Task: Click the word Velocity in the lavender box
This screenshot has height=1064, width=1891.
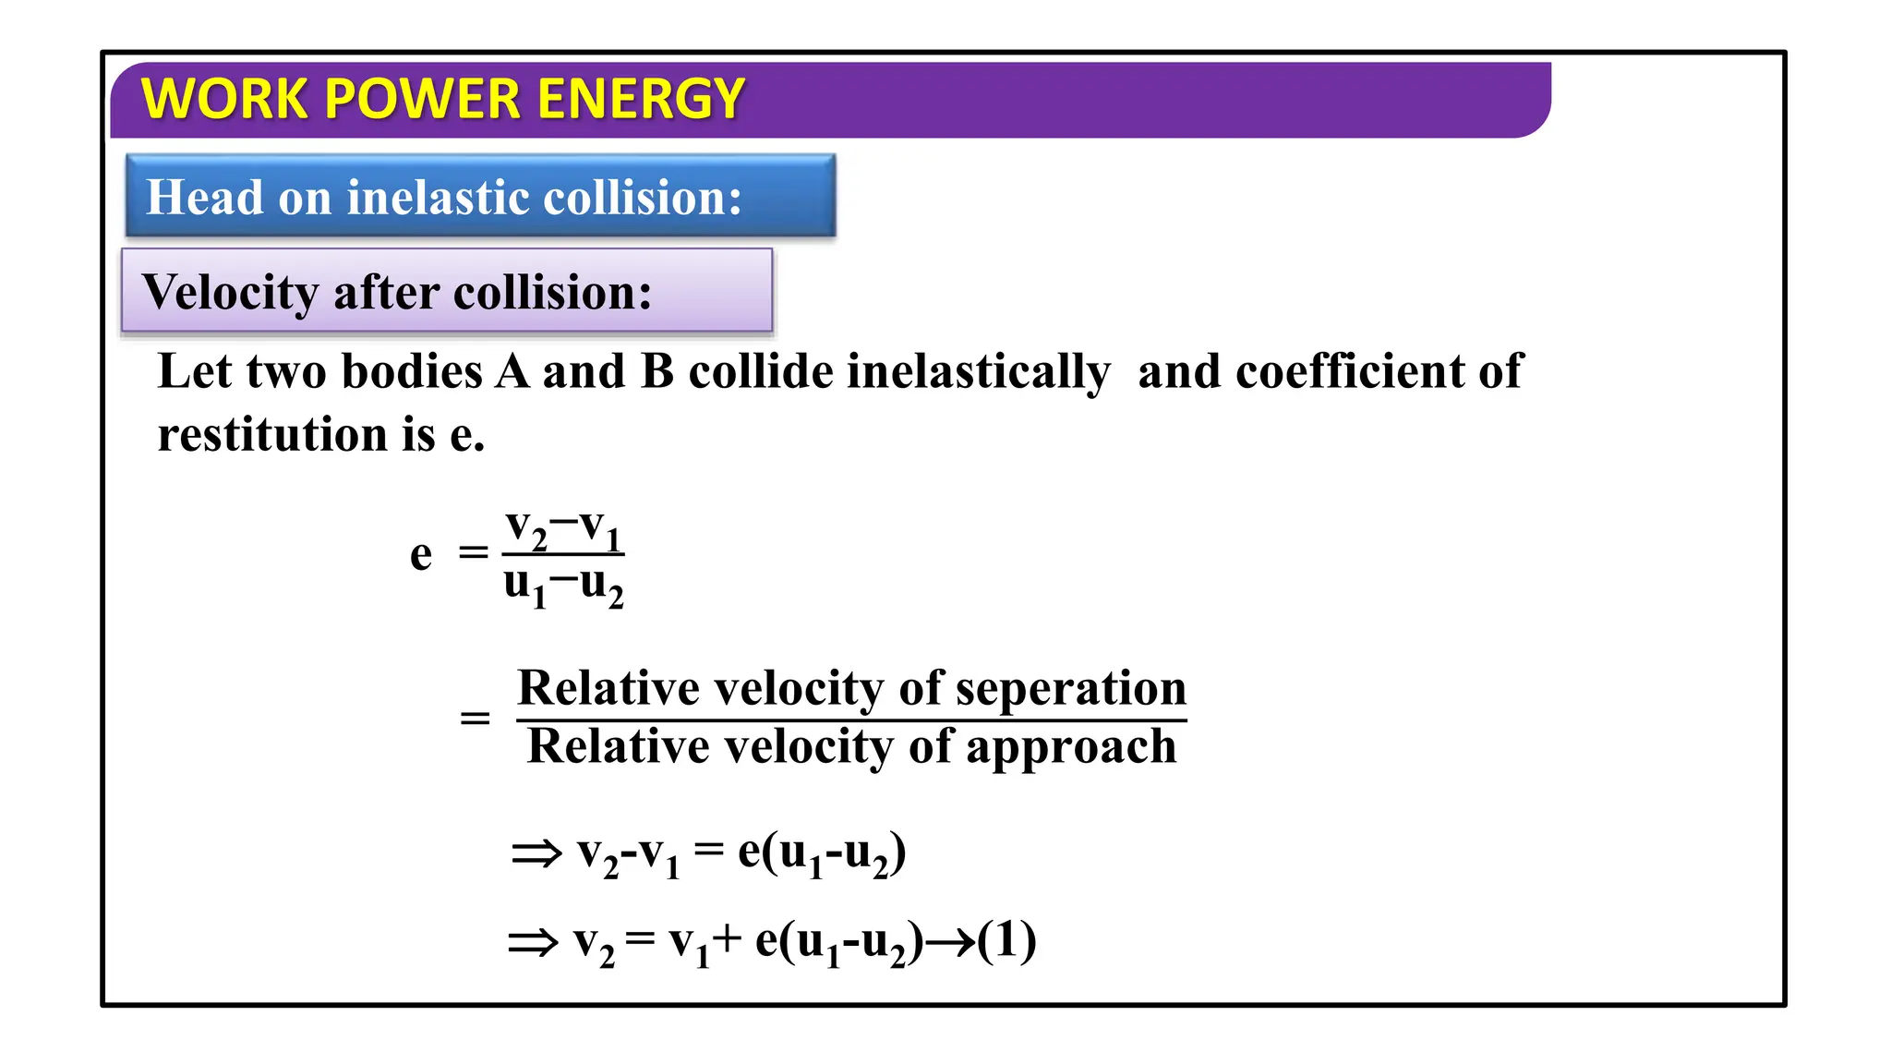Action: [230, 293]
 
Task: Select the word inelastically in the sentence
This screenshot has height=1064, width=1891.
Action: [979, 372]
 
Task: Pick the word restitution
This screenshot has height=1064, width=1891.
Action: [272, 434]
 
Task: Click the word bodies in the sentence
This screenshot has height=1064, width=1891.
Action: [412, 372]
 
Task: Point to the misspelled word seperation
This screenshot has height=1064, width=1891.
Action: [1070, 688]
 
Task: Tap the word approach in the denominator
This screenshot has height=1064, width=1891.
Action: [1071, 747]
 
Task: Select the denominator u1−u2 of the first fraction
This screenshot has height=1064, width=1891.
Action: [563, 586]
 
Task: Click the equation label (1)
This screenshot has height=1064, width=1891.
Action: [1006, 941]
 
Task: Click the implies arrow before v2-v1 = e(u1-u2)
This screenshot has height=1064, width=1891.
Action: [536, 852]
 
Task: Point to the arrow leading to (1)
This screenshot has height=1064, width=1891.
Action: [950, 943]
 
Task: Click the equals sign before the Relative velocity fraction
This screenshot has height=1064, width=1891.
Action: [475, 718]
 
